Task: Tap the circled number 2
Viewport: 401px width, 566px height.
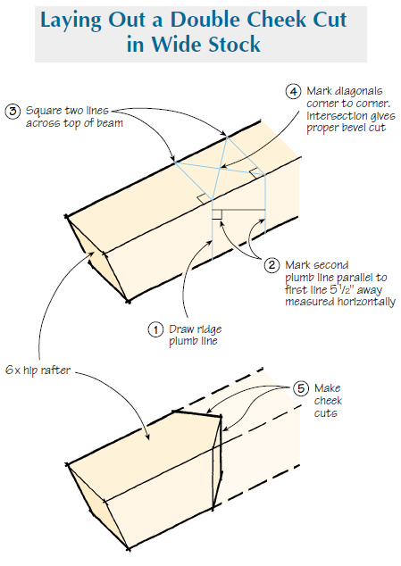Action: point(272,265)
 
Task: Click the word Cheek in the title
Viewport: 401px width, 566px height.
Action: point(282,20)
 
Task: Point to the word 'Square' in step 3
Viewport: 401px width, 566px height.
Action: point(39,112)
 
